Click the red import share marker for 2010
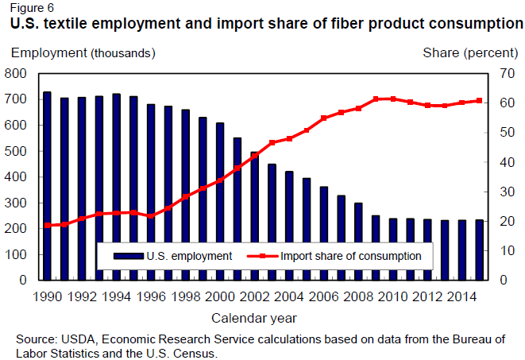click(392, 99)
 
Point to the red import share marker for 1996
click(151, 216)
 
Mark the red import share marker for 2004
click(289, 138)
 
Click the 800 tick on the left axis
click(16, 74)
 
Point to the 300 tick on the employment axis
click(16, 203)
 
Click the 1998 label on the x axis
click(186, 296)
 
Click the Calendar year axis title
click(254, 318)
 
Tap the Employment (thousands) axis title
click(83, 53)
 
